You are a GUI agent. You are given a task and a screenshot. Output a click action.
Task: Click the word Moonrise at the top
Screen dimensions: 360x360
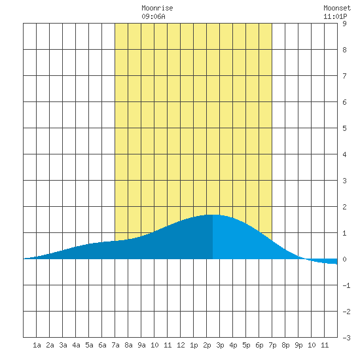coord(157,8)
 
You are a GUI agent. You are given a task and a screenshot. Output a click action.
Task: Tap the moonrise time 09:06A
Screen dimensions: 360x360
coord(153,16)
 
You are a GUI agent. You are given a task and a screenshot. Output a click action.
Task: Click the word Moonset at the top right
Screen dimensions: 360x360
coord(337,8)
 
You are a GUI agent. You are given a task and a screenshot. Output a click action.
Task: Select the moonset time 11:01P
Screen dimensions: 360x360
coord(335,16)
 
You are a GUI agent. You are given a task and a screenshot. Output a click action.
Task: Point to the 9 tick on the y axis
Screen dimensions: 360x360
coord(344,24)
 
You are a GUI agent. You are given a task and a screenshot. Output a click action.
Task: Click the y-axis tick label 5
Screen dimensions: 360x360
coord(344,128)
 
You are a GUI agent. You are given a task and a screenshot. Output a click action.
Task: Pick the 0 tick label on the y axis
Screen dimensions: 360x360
coord(344,259)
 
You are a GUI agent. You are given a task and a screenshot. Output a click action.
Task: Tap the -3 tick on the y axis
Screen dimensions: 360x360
coord(346,338)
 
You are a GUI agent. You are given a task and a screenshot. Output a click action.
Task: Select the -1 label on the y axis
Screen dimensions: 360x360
coord(346,285)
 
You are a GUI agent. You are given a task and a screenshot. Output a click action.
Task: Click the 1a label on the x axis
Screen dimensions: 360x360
coord(37,345)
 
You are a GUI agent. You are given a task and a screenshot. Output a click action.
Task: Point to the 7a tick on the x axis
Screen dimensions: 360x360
coord(115,345)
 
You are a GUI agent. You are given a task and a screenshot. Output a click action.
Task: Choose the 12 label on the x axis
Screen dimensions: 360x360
coord(181,345)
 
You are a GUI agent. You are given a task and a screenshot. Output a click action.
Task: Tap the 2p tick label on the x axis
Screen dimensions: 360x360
coord(207,345)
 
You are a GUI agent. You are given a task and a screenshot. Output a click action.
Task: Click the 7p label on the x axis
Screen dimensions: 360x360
coord(272,345)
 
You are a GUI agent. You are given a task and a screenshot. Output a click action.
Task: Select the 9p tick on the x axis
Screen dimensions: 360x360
coord(298,345)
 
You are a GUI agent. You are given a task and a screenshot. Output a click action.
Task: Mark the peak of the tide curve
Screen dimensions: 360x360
coord(213,215)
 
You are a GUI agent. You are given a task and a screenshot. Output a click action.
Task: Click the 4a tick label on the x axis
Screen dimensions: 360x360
coord(76,345)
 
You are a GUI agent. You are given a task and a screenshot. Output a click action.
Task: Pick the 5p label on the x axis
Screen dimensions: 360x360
coord(246,345)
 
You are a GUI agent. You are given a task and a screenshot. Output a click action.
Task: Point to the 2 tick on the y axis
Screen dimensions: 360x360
coord(344,207)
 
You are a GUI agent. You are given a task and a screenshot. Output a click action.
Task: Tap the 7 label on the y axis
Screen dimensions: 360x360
coord(344,76)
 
